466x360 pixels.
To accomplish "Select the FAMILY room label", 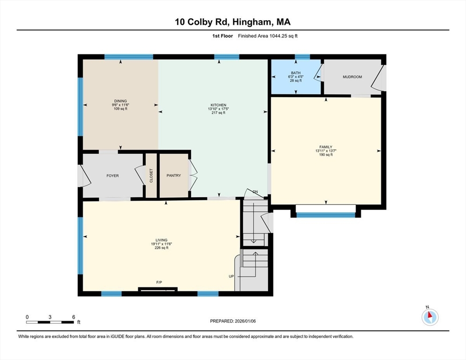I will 326,147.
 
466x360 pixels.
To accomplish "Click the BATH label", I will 295,73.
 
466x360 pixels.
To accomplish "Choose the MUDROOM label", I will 352,77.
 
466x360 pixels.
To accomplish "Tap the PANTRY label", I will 173,176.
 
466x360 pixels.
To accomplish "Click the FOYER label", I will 113,176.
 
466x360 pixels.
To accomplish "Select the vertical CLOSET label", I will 151,176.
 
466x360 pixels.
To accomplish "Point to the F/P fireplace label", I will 159,282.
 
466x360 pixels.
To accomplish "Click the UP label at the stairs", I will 231,276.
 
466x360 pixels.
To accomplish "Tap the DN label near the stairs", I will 255,192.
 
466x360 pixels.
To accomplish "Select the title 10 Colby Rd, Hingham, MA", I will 233,22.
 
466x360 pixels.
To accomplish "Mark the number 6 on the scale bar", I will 74,317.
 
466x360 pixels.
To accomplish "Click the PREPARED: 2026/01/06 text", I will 233,321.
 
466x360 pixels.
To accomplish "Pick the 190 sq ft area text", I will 326,155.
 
